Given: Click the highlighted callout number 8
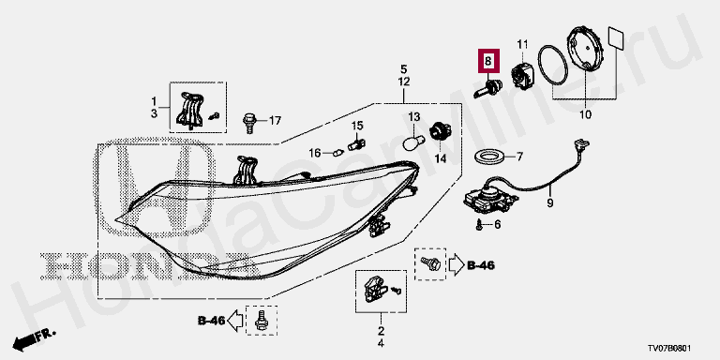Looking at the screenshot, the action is [x=487, y=61].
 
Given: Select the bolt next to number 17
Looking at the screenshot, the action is [x=248, y=122].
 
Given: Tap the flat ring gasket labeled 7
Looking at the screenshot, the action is [x=490, y=157].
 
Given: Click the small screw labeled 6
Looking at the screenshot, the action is [x=479, y=225].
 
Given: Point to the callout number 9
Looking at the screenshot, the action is [x=550, y=202].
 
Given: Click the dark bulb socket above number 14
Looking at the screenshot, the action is [x=439, y=132].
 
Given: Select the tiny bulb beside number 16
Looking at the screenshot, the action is [x=338, y=152].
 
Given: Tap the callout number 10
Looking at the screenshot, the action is [x=585, y=114].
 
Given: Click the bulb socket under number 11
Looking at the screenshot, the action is [x=523, y=74].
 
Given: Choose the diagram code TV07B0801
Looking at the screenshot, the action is [x=669, y=349].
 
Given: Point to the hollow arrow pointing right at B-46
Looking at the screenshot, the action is [x=456, y=265].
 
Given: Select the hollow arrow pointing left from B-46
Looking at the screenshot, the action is [x=235, y=320].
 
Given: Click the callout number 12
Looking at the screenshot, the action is [x=404, y=82].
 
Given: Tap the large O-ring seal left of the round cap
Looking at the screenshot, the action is [x=553, y=65].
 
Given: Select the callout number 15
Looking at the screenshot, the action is [x=357, y=126].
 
